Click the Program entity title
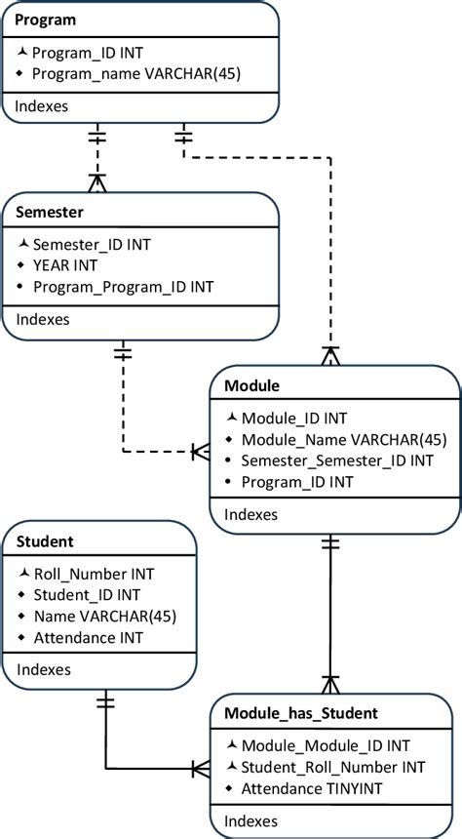click(x=47, y=20)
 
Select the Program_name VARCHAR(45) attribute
click(x=136, y=73)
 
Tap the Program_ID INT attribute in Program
click(x=89, y=53)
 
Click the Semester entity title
click(x=51, y=212)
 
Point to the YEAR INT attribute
click(x=65, y=265)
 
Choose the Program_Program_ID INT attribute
click(x=123, y=287)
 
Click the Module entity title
click(x=252, y=386)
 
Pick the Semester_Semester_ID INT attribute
click(x=336, y=460)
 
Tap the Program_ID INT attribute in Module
click(x=295, y=482)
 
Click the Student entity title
click(x=47, y=540)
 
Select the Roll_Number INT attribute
click(x=94, y=575)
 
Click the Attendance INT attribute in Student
click(x=89, y=637)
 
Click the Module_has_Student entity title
click(x=301, y=713)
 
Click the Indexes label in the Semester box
click(x=43, y=319)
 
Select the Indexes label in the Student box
click(x=43, y=670)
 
